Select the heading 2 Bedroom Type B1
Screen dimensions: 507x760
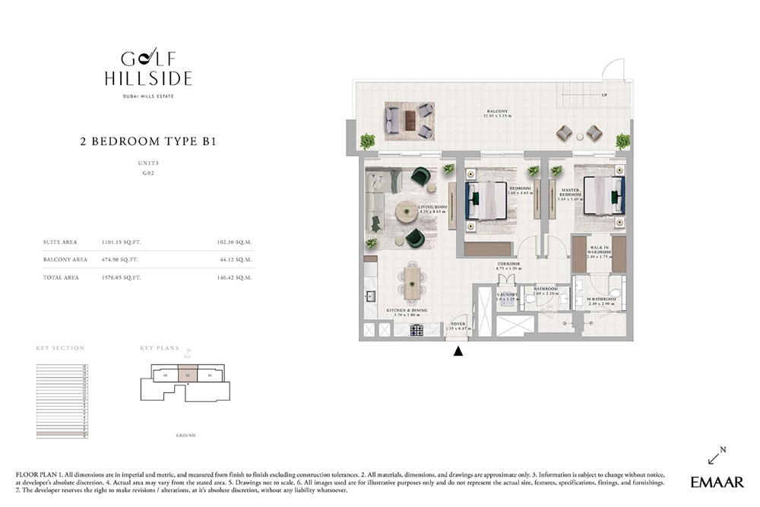149,141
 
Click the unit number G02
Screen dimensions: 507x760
148,173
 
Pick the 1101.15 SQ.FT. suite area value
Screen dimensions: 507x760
121,242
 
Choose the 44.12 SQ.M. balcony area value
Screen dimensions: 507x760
238,260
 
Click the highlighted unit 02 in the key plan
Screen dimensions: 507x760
187,375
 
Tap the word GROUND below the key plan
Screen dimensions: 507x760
185,436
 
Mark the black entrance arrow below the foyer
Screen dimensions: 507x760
458,351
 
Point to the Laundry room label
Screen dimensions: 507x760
507,296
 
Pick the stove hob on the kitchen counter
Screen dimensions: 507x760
417,330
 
